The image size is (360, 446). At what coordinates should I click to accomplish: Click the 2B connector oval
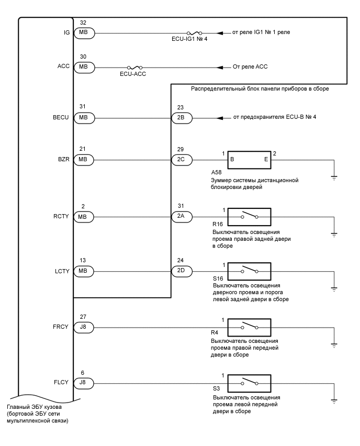tap(182, 118)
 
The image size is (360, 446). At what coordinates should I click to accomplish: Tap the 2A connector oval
tap(182, 216)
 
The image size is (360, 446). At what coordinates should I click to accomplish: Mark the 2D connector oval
tap(182, 272)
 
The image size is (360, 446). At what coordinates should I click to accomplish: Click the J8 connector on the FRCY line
tap(83, 328)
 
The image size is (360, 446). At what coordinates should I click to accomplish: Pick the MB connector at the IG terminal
tap(83, 32)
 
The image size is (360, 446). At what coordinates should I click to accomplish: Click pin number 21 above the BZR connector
tap(83, 149)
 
